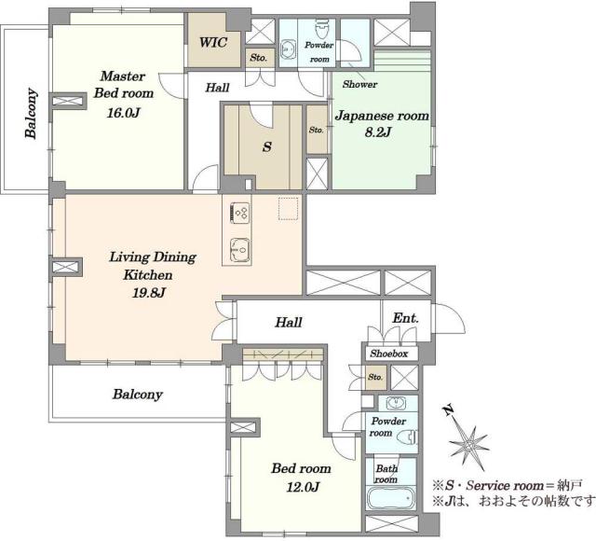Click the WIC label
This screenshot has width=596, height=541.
tap(213, 42)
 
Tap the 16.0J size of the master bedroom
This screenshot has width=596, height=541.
tap(124, 113)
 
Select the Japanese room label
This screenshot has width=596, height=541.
tap(382, 116)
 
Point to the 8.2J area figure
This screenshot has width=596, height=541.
tap(378, 132)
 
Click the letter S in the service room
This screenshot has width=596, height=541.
tap(267, 147)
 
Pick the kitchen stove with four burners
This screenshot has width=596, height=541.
tap(240, 213)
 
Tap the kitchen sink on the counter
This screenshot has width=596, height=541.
tap(240, 251)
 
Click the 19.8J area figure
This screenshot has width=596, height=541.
tap(148, 293)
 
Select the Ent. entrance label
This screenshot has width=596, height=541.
tap(405, 318)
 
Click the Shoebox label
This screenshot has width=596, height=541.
tap(389, 354)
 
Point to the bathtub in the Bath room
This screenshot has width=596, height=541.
tap(391, 498)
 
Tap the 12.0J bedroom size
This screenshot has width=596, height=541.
tap(303, 487)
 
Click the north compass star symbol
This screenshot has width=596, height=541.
tap(468, 444)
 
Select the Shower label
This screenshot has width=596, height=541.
tap(359, 84)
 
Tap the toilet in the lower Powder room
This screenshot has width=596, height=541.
tap(407, 437)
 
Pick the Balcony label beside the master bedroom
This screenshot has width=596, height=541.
tap(31, 113)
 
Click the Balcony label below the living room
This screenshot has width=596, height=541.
tap(138, 394)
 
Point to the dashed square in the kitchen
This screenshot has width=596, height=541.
tap(288, 209)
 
